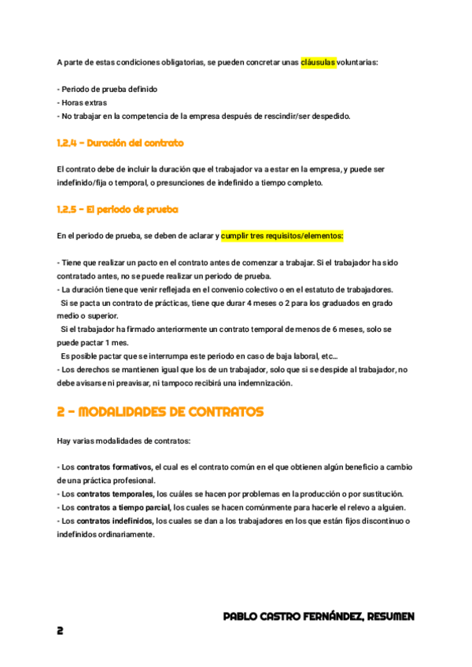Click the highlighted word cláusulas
pos(318,61)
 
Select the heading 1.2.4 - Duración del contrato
pos(120,143)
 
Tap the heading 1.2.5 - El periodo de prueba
pos(118,209)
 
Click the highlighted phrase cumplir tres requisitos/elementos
pos(282,235)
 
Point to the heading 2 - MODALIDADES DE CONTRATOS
pos(160,411)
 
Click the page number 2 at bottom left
pos(61,631)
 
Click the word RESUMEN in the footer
pos(389,617)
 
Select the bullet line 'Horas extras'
pos(83,102)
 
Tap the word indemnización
pos(264,383)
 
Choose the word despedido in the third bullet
pos(330,116)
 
